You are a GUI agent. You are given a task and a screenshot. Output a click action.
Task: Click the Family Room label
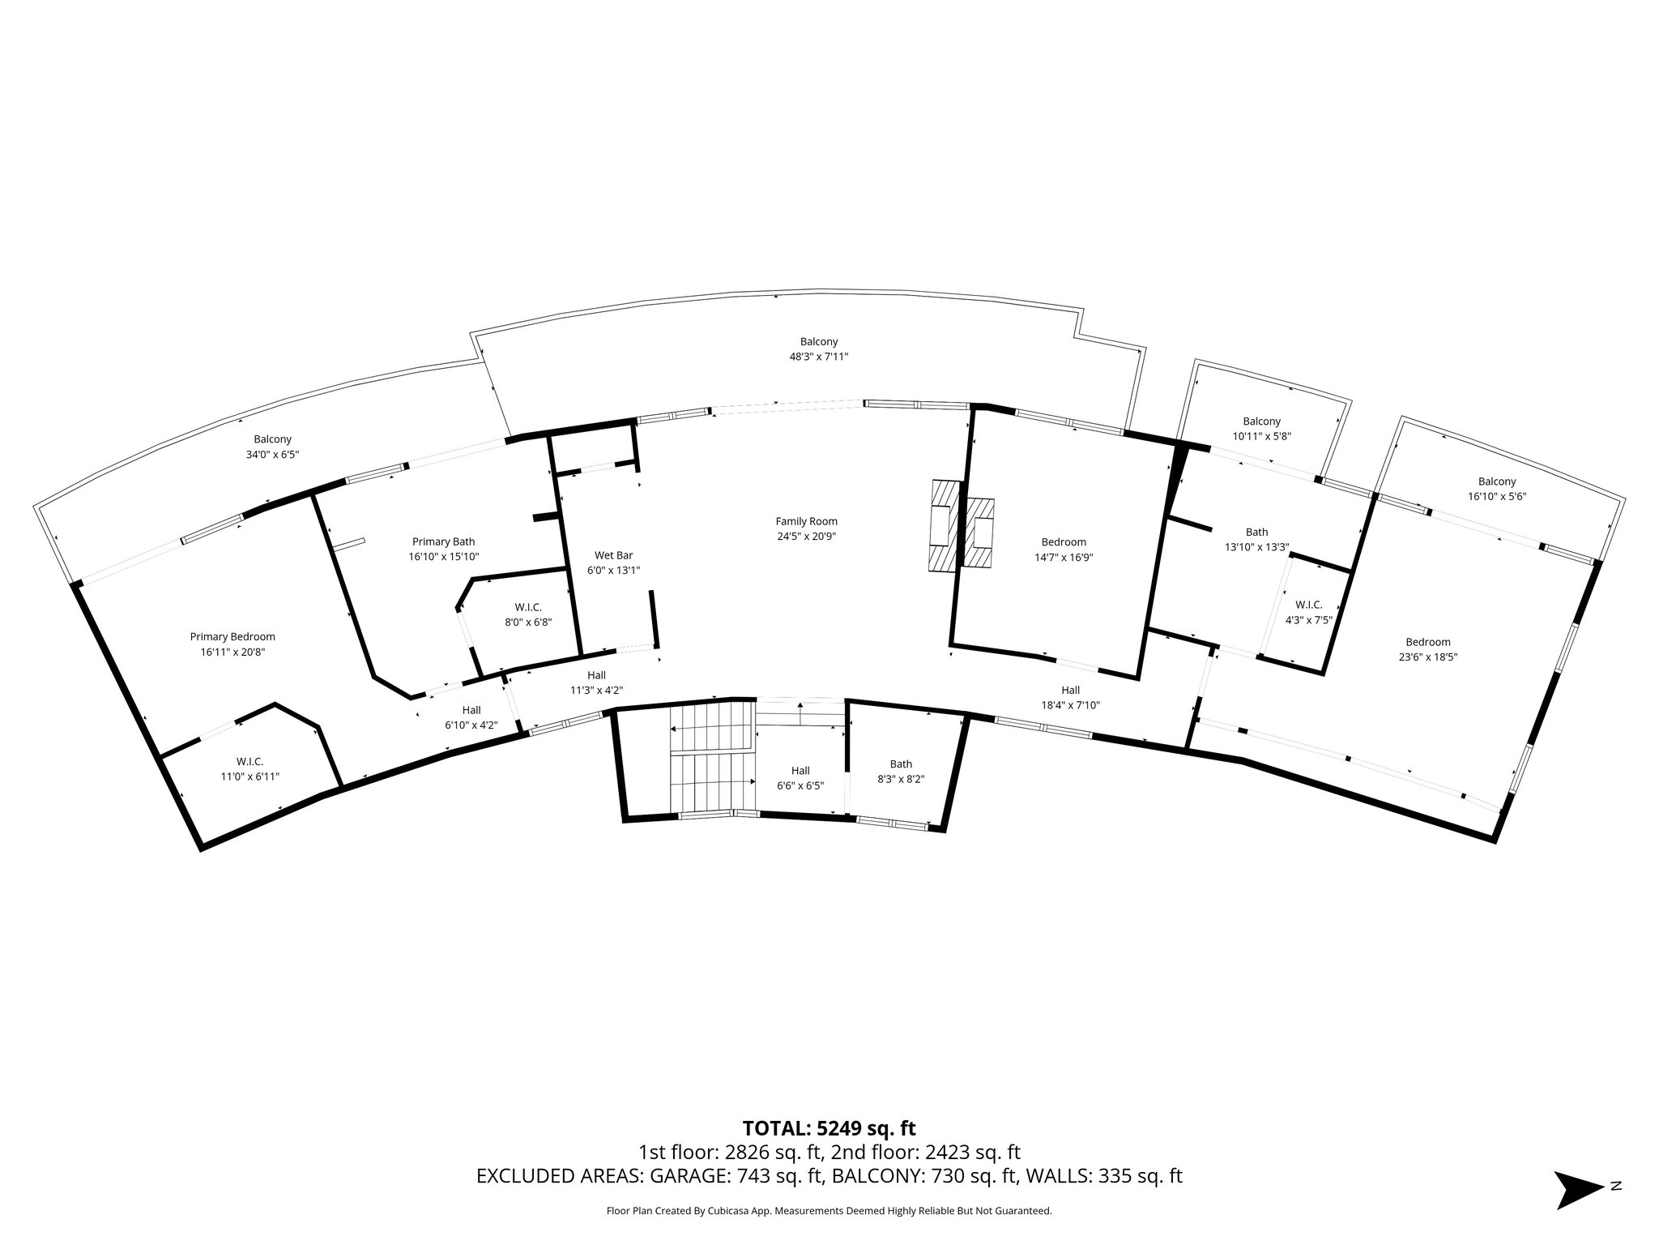click(806, 521)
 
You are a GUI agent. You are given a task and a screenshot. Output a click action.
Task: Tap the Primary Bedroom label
click(232, 636)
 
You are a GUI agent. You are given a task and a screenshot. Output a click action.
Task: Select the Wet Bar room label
click(613, 555)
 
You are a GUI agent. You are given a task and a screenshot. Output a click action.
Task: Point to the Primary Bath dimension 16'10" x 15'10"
click(443, 557)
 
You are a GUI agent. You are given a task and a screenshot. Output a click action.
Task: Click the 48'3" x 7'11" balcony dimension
click(818, 357)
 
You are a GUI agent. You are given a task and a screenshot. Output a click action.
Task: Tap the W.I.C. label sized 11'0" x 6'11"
click(249, 761)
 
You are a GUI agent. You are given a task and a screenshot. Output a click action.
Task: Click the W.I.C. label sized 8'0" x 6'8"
click(528, 607)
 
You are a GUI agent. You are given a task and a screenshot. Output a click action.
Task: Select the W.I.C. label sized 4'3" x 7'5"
click(1308, 605)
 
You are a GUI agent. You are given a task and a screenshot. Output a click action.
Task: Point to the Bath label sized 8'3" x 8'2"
click(901, 764)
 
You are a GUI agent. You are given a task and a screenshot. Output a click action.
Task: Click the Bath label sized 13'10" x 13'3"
click(1256, 532)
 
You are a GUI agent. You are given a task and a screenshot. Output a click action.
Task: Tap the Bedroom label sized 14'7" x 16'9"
click(1064, 541)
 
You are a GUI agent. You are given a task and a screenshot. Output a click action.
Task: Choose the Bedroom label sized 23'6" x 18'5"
click(1427, 642)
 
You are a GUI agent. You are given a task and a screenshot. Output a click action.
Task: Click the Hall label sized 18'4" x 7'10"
click(1070, 690)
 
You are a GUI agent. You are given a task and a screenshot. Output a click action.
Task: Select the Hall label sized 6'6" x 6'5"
click(800, 771)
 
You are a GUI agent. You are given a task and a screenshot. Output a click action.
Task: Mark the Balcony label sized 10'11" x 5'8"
click(1261, 421)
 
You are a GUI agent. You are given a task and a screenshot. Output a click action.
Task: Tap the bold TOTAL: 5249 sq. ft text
click(829, 1128)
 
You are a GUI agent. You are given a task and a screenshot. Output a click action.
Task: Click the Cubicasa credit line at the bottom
click(829, 1211)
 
